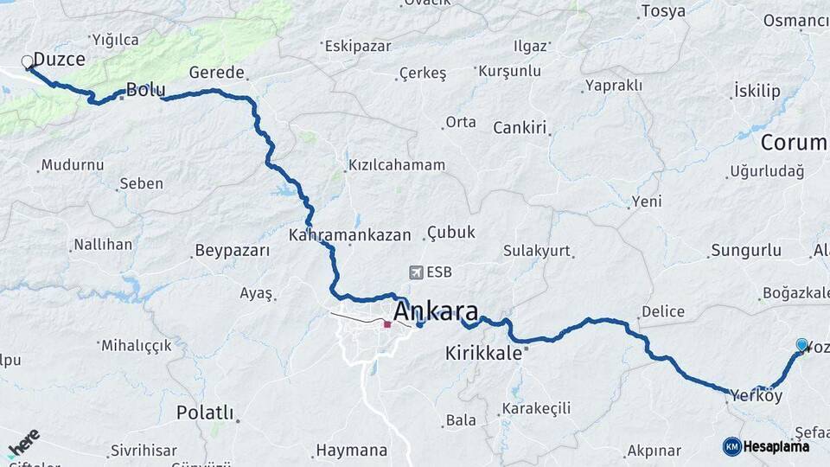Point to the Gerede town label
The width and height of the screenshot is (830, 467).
[x=217, y=73]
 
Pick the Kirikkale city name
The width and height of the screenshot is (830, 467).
[x=484, y=353]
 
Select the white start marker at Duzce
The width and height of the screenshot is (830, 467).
[x=27, y=61]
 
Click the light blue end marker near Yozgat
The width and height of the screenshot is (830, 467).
[x=801, y=344]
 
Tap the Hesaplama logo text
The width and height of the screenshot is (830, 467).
[x=776, y=446]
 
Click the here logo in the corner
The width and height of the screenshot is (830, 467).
[x=23, y=443]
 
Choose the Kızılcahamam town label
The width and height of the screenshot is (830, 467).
[x=397, y=164]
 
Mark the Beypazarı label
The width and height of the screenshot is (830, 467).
[x=233, y=251]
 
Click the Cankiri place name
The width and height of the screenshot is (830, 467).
[x=520, y=128]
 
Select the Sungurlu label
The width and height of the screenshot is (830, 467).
[x=746, y=251]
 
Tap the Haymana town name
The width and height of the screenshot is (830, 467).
[x=352, y=450]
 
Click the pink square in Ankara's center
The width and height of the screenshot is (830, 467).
[x=387, y=325]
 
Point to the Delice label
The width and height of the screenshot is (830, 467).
[x=663, y=311]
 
